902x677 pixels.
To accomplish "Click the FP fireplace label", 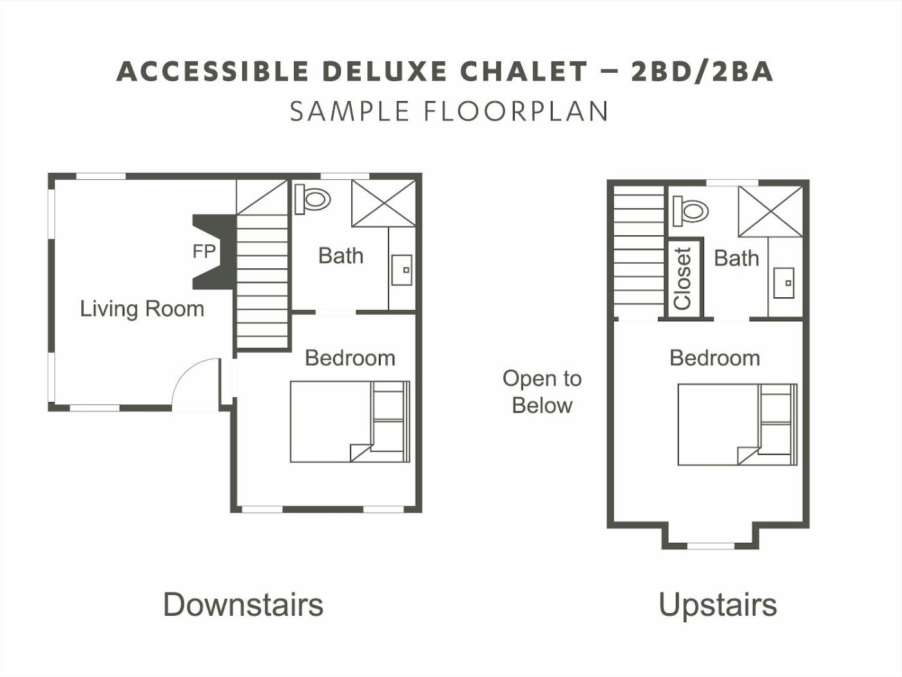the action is pyautogui.click(x=204, y=251).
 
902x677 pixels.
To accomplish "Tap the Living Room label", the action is pyautogui.click(x=142, y=309).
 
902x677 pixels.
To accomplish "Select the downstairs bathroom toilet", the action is pyautogui.click(x=312, y=199).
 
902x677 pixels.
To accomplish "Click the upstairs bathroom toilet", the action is pyautogui.click(x=691, y=211).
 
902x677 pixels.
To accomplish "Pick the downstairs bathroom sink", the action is pyautogui.click(x=401, y=270).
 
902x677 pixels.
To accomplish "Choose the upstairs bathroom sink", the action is pyautogui.click(x=783, y=283).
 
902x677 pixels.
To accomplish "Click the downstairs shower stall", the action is pyautogui.click(x=384, y=203).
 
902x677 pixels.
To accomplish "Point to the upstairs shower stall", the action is pyautogui.click(x=771, y=211).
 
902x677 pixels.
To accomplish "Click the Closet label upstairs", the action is pyautogui.click(x=683, y=279).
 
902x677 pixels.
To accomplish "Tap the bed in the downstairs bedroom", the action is pyautogui.click(x=350, y=422).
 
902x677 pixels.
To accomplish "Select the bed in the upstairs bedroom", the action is pyautogui.click(x=738, y=425).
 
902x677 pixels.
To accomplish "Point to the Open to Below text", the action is pyautogui.click(x=542, y=392).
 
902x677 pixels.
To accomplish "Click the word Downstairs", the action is pyautogui.click(x=244, y=605).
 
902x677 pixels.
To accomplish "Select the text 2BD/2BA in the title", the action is pyautogui.click(x=702, y=72).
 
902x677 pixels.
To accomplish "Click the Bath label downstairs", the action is pyautogui.click(x=341, y=256).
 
